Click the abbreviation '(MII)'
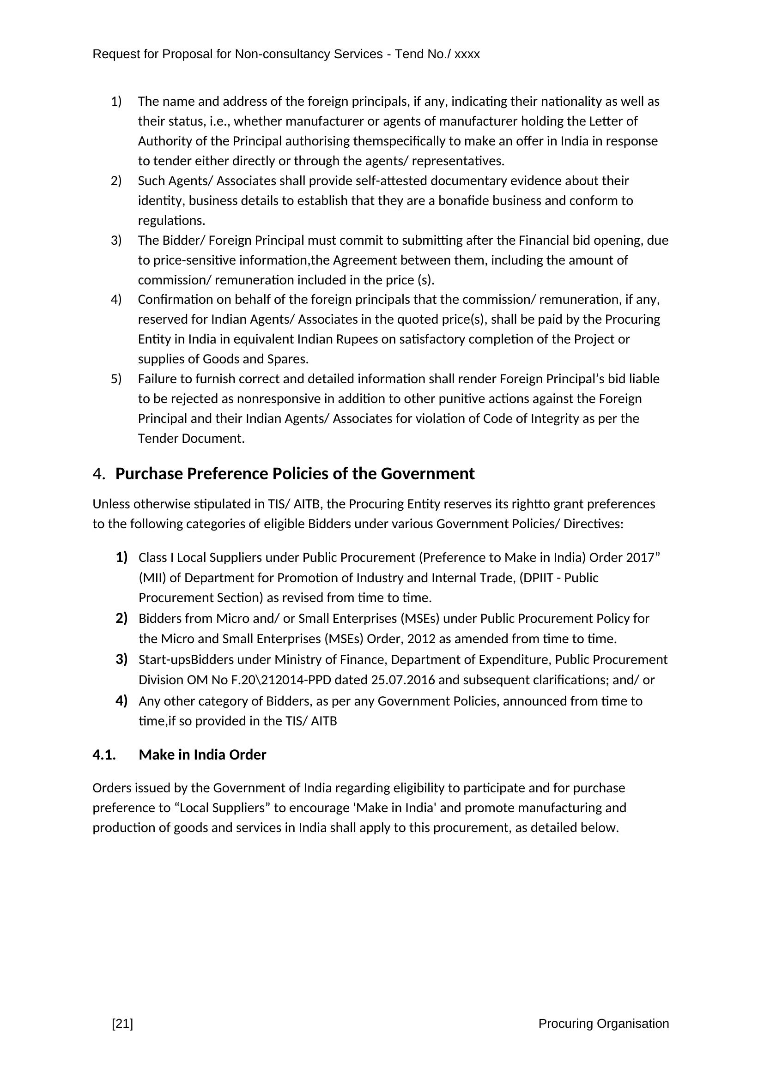coord(151,578)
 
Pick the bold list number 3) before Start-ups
coord(121,659)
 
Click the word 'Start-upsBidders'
coord(186,659)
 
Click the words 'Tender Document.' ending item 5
coord(191,438)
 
